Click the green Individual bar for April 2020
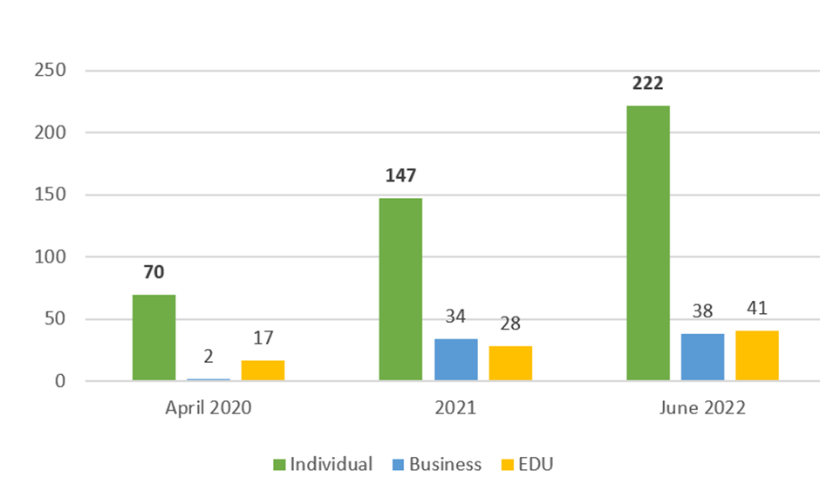154,338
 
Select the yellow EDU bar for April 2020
263,370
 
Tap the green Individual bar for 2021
400,290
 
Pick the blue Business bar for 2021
456,360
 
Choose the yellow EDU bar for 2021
510,364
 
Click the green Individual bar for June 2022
648,243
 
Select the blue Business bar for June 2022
703,358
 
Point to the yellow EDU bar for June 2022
757,356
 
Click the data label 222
648,84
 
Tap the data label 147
400,175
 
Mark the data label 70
154,272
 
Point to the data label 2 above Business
208,357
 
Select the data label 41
757,309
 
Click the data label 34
455,317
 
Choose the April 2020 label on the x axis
208,408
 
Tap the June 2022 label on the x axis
702,408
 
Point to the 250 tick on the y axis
51,70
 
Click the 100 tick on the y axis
51,256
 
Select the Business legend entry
437,464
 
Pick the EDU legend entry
527,464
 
